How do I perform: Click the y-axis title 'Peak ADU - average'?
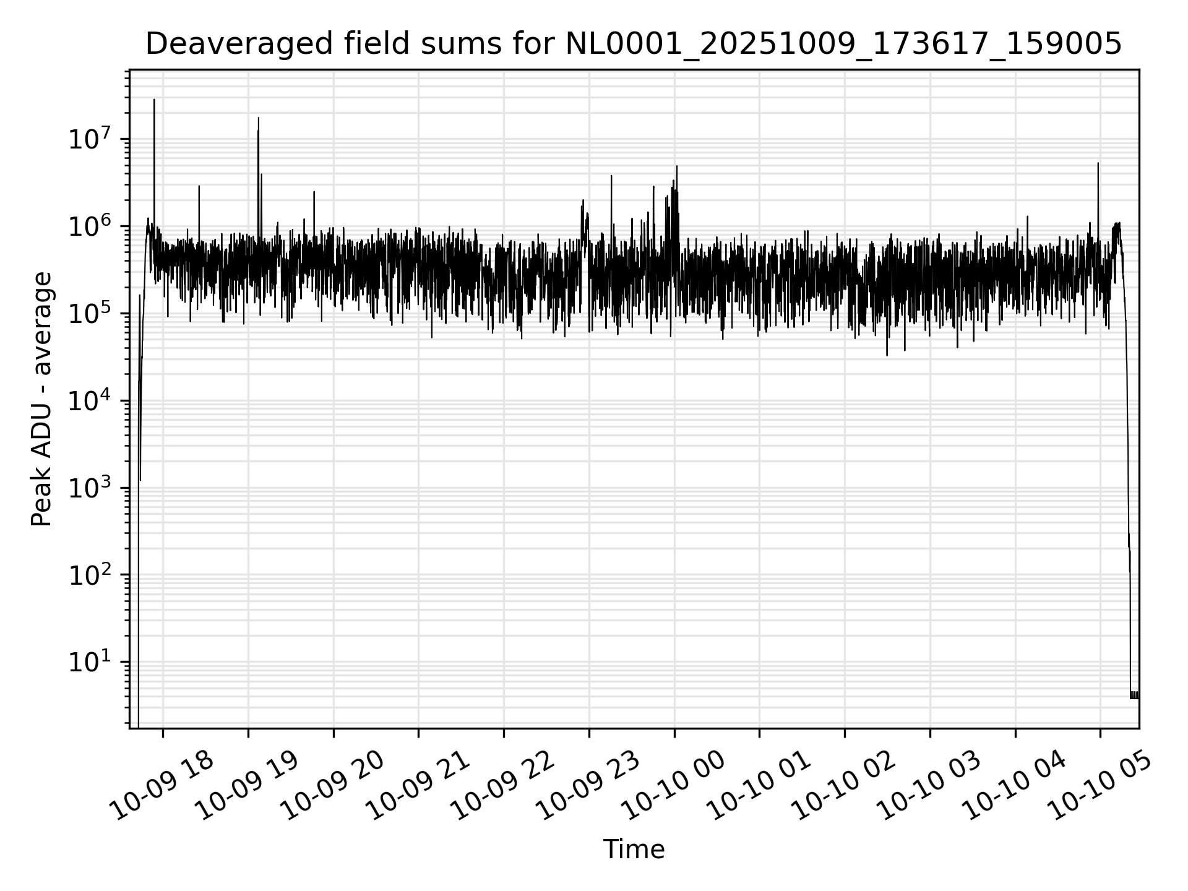[41, 399]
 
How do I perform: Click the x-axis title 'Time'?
[634, 850]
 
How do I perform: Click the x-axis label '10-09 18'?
[163, 786]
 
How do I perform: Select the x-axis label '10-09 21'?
[418, 786]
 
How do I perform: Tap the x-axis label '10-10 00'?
[674, 786]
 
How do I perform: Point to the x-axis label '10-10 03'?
[929, 786]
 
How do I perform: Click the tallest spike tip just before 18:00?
[154, 100]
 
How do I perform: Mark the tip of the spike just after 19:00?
[259, 118]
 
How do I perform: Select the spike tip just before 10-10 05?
[1098, 163]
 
